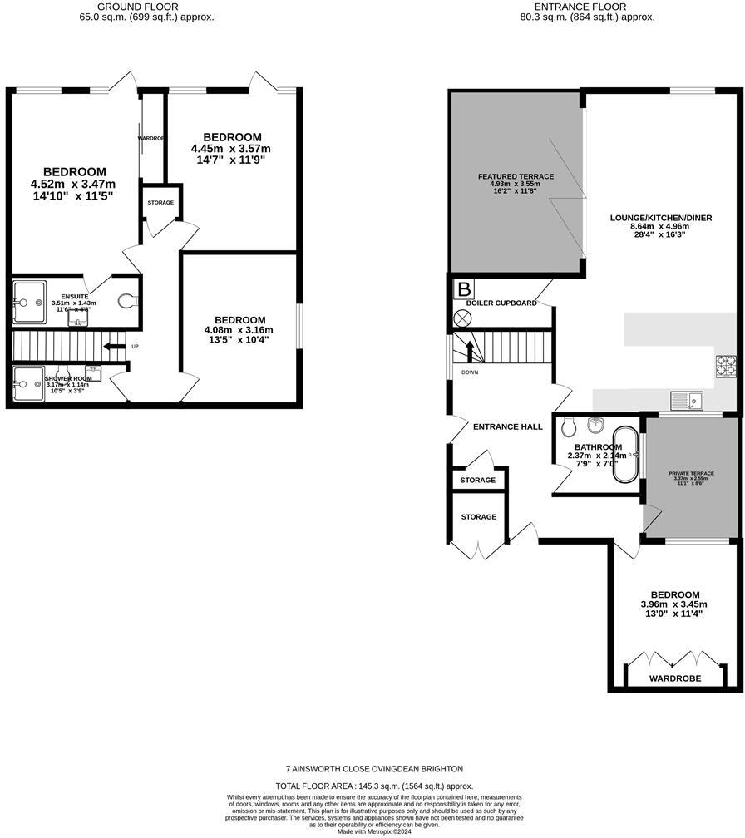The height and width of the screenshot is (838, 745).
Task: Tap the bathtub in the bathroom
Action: (625, 454)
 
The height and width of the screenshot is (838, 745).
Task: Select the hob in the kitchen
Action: (725, 364)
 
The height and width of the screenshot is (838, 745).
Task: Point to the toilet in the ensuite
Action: (128, 301)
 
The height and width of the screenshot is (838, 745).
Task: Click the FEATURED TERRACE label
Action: (516, 177)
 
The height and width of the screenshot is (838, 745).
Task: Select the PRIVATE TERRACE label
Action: (692, 473)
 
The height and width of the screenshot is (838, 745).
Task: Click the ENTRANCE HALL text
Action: (507, 426)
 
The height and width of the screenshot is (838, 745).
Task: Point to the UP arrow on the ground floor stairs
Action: (114, 346)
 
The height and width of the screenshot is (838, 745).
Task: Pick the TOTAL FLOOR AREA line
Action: (373, 786)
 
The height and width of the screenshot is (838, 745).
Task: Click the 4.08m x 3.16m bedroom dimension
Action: (239, 330)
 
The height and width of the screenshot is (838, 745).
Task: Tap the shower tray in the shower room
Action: (29, 385)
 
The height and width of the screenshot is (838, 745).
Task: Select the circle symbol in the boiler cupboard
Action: (462, 318)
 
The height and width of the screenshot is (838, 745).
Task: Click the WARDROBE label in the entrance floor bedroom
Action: (675, 678)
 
